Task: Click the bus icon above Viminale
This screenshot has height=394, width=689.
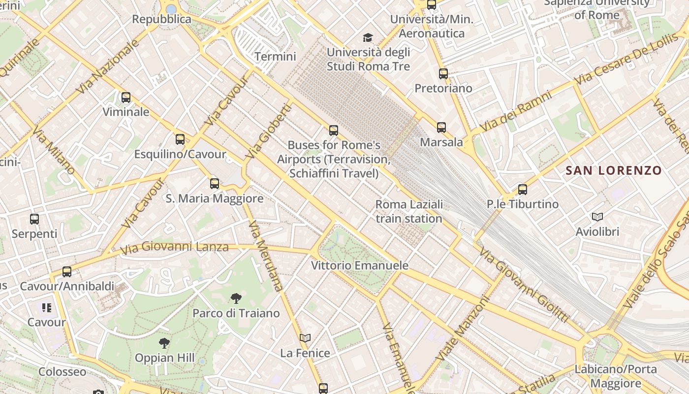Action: [x=126, y=98]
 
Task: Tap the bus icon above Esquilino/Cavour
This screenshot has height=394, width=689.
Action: [x=180, y=139]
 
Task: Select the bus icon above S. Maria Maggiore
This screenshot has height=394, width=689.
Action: [x=215, y=184]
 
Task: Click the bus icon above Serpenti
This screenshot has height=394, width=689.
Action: [x=34, y=219]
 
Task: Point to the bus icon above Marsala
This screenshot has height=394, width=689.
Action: [x=441, y=128]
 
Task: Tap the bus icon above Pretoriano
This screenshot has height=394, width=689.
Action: [x=443, y=74]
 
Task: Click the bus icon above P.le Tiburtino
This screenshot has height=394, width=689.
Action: [x=523, y=190]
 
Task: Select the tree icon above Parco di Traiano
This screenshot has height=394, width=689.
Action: [x=236, y=298]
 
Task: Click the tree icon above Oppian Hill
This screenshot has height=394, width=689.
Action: [x=165, y=343]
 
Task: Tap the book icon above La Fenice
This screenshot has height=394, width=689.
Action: [x=305, y=338]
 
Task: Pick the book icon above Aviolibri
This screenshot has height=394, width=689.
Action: [x=597, y=217]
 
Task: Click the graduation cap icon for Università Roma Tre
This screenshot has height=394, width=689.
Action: [x=368, y=37]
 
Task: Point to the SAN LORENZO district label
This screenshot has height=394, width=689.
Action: [x=614, y=171]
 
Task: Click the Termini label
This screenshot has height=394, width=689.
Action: [x=276, y=57]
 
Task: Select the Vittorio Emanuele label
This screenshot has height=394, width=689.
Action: [x=360, y=265]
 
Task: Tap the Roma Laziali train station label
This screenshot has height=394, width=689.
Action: [x=409, y=211]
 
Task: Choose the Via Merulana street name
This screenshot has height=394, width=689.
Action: [x=266, y=256]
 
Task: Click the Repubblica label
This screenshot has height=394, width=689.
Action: [x=161, y=19]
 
